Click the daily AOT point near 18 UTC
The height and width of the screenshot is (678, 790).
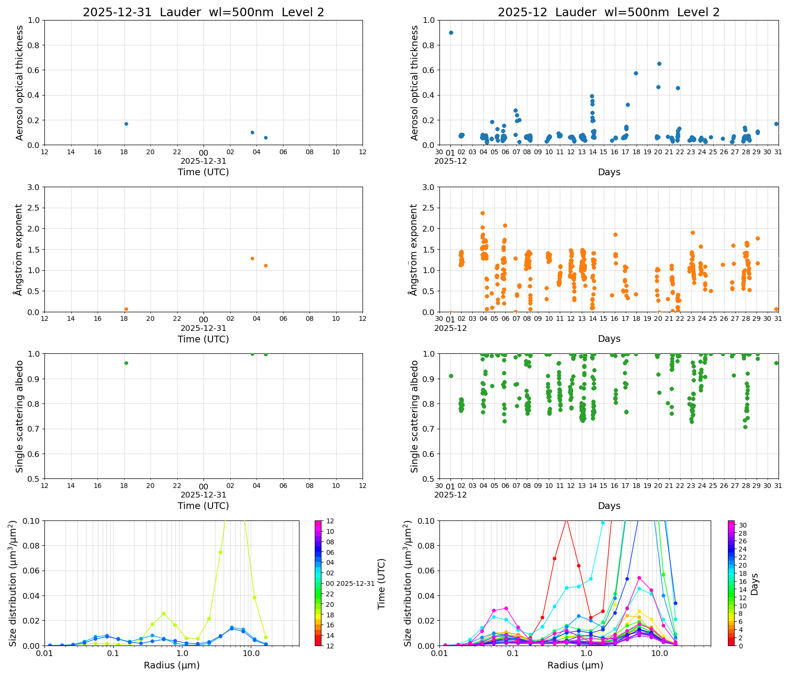126,124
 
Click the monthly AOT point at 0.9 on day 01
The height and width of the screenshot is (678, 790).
451,32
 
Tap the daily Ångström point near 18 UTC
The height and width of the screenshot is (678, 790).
126,309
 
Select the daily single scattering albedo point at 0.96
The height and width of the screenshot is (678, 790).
126,363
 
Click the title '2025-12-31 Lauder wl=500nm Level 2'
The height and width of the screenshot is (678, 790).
203,12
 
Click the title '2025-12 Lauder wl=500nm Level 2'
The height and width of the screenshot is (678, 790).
608,12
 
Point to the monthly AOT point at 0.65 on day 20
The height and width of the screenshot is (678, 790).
659,64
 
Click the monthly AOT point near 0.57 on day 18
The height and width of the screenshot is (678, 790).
636,73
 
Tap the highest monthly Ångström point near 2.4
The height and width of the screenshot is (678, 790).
482,213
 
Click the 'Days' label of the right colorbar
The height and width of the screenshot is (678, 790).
754,583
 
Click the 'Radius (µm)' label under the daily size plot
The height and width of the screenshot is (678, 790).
171,665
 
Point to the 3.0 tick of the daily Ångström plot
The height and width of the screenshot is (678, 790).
36,187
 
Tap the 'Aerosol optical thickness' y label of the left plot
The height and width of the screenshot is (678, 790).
20,83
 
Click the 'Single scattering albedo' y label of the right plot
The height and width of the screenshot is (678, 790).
415,416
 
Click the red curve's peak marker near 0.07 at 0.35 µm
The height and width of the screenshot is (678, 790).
555,558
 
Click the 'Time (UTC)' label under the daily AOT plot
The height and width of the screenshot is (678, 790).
203,172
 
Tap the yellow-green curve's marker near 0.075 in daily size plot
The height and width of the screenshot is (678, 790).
220,552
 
